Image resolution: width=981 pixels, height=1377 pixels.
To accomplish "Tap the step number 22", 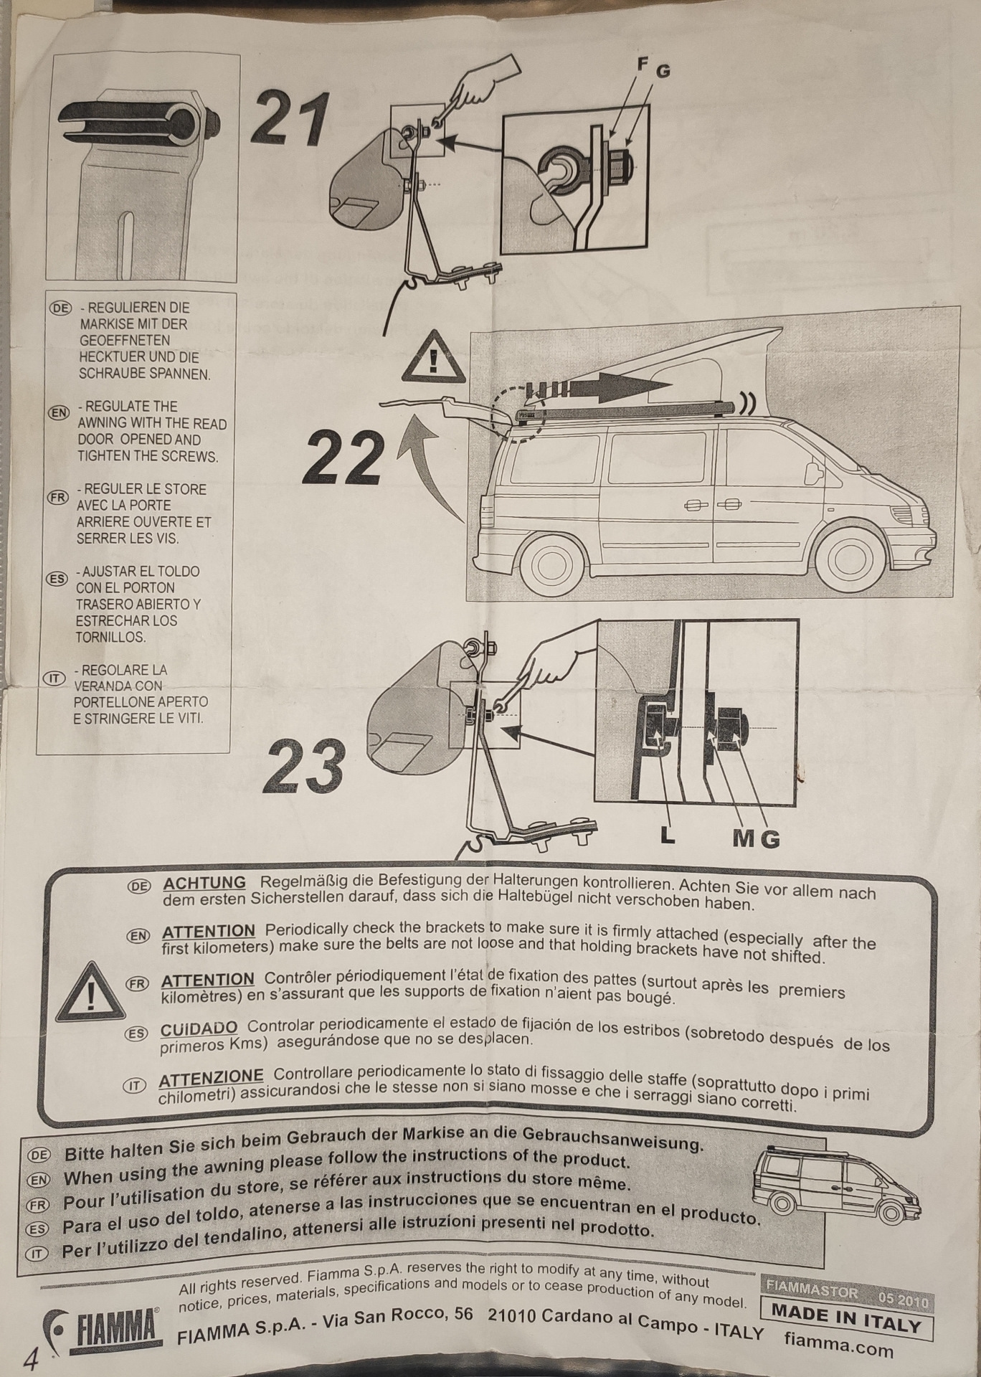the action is pyautogui.click(x=341, y=458).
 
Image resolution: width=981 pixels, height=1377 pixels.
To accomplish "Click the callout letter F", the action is pyautogui.click(x=643, y=64).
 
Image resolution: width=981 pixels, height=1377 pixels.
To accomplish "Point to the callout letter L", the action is pyautogui.click(x=668, y=836).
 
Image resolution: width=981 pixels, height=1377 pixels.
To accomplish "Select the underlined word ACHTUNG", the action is pyautogui.click(x=204, y=883).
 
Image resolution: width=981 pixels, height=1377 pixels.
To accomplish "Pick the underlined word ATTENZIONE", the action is pyautogui.click(x=211, y=1077).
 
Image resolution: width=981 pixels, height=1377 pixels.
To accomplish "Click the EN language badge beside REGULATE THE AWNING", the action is pyautogui.click(x=58, y=412).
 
